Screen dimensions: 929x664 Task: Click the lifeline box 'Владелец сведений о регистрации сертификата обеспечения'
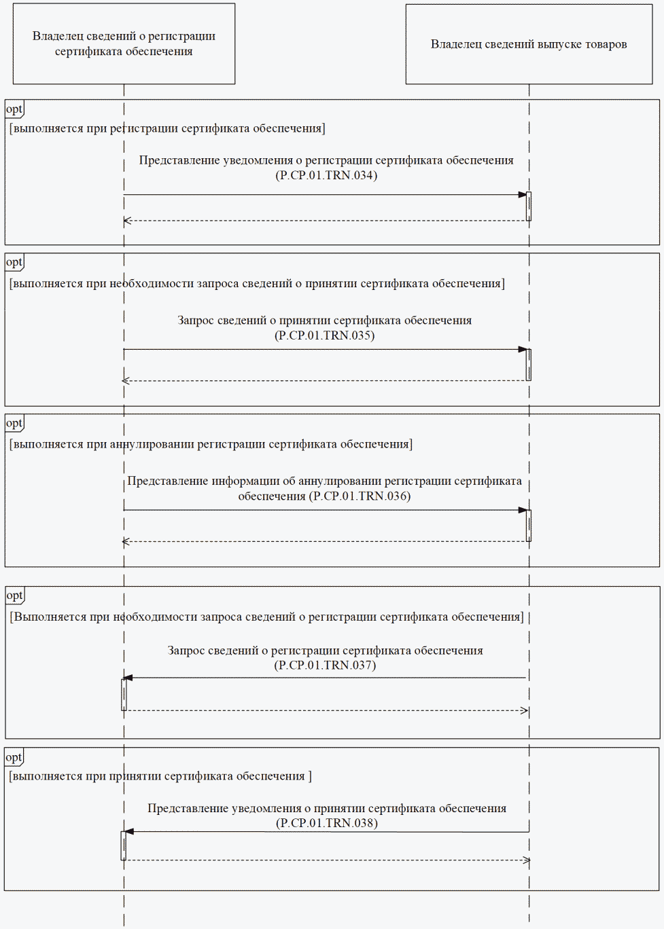[124, 43]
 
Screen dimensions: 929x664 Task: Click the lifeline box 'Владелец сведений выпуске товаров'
[529, 44]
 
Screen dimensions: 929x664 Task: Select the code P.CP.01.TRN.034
[326, 175]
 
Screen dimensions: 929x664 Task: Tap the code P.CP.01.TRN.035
[325, 335]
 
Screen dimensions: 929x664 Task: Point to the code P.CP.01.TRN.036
[360, 496]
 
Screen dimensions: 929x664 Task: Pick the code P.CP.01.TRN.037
[325, 666]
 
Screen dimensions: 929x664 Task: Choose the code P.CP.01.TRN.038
[327, 823]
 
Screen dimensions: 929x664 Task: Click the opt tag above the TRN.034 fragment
[14, 109]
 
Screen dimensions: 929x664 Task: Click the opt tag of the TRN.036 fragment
[14, 423]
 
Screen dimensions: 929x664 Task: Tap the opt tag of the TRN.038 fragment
[14, 757]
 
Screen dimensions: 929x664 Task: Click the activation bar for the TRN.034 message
[529, 206]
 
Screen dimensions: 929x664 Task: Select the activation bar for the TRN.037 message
[124, 694]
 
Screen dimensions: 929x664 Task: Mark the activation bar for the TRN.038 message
[124, 845]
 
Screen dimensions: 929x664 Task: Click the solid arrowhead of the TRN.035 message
[523, 350]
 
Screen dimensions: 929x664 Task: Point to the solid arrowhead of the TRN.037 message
[128, 678]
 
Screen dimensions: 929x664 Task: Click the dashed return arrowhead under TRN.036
[126, 541]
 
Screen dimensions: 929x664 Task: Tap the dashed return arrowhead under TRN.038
[526, 860]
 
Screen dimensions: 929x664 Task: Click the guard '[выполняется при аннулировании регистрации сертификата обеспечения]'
[211, 444]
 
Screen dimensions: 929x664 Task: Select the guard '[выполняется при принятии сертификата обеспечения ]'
[160, 776]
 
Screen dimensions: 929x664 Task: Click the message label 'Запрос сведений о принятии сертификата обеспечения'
[325, 321]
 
